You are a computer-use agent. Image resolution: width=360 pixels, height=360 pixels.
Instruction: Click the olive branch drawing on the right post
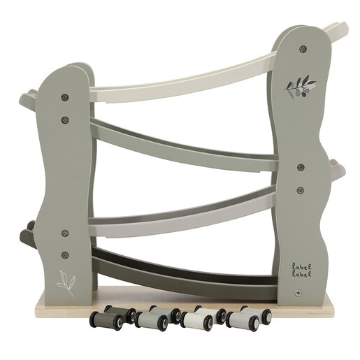point(299,87)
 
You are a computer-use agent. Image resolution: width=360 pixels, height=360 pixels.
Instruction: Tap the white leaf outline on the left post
point(66,282)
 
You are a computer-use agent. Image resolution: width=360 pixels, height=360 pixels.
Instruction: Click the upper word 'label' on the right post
point(302,266)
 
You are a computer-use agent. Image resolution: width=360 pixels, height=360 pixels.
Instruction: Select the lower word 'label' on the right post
point(302,274)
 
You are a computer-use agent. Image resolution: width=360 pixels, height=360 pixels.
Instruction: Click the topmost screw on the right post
point(303,48)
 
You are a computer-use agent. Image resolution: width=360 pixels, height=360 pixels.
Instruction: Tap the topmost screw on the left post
point(64,97)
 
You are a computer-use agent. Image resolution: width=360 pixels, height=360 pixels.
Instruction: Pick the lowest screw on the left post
point(65,254)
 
